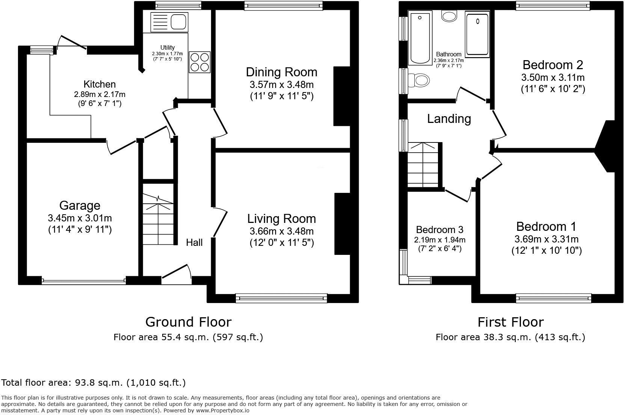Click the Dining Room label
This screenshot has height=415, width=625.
(x=281, y=72)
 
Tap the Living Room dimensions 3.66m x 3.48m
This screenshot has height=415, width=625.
(x=281, y=231)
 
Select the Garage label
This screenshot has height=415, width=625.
(x=80, y=205)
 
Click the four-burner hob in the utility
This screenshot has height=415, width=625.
(x=199, y=62)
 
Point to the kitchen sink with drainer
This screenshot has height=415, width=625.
(x=169, y=22)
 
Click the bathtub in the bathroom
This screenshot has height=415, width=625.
(x=420, y=38)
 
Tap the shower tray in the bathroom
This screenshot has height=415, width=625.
(x=477, y=34)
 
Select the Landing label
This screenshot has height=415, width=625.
(x=449, y=119)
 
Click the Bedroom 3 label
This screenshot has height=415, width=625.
(x=439, y=229)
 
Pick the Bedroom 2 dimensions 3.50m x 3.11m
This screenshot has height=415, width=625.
(x=553, y=78)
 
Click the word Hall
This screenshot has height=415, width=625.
(x=194, y=242)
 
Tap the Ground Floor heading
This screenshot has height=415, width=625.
(x=188, y=322)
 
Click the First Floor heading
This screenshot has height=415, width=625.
(x=510, y=322)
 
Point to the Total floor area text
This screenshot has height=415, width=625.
(x=93, y=383)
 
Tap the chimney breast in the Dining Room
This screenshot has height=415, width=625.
(x=341, y=96)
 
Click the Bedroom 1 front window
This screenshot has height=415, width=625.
(x=554, y=299)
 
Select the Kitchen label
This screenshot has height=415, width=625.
(x=100, y=84)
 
